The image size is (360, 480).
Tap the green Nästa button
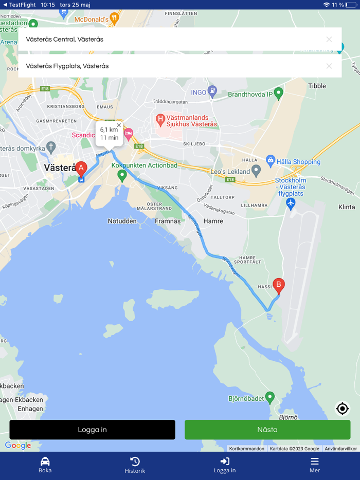pyautogui.click(x=267, y=430)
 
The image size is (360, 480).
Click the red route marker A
pyautogui.click(x=81, y=169)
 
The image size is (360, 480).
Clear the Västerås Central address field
pyautogui.click(x=329, y=39)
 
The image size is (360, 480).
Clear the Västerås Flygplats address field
pyautogui.click(x=329, y=66)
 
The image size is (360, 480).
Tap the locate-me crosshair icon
pyautogui.click(x=342, y=409)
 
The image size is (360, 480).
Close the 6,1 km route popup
pyautogui.click(x=119, y=125)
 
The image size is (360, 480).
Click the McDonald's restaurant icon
pyautogui.click(x=114, y=19)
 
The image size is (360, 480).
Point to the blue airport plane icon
pyautogui.click(x=291, y=204)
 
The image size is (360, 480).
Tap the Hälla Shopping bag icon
pyautogui.click(x=271, y=161)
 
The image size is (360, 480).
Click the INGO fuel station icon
pyautogui.click(x=212, y=93)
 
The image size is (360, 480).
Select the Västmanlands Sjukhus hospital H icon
pyautogui.click(x=160, y=120)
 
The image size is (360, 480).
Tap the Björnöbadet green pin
pyautogui.click(x=269, y=398)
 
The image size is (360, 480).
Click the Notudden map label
pyautogui.click(x=122, y=221)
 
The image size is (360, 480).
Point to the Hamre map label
pyautogui.click(x=213, y=221)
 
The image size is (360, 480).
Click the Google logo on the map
pyautogui.click(x=18, y=446)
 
